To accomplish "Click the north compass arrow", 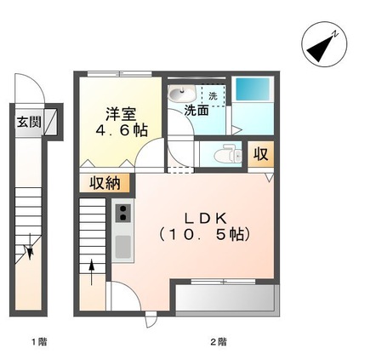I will [321, 46].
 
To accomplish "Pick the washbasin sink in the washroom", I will [177, 94].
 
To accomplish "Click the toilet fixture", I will [225, 156].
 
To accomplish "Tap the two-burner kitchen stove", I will [122, 213].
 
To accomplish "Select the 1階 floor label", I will [38, 342].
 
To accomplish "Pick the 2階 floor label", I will [219, 342].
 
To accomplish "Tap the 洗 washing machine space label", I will [213, 94].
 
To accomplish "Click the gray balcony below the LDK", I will [225, 299].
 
